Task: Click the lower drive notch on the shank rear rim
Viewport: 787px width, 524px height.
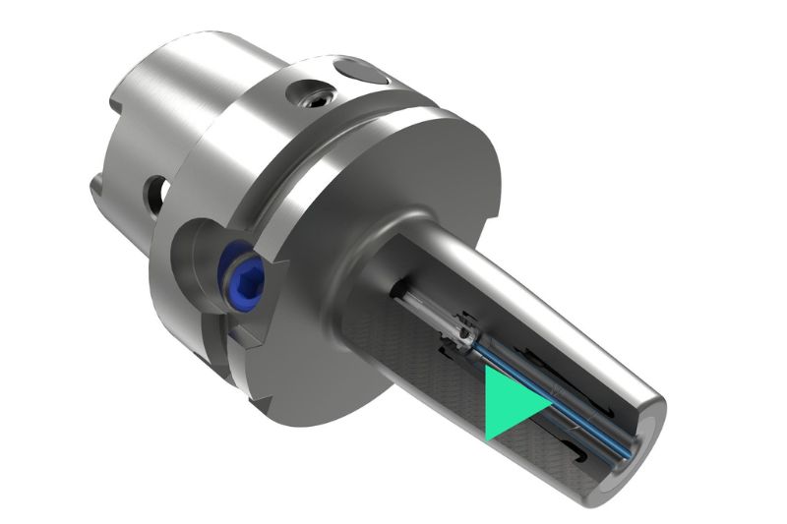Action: click(x=98, y=182)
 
